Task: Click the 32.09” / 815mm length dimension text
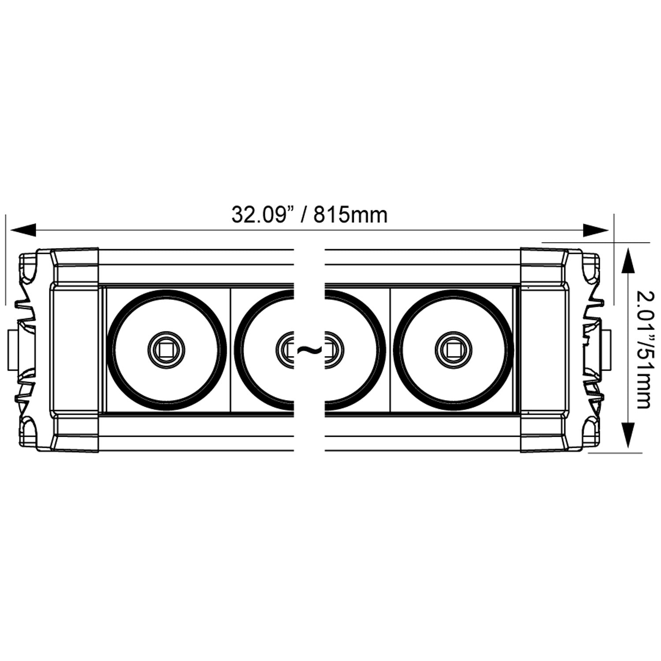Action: coord(309,215)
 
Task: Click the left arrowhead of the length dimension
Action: coord(22,230)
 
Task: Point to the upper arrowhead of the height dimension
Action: coord(628,262)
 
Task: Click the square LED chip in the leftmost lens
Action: coord(166,350)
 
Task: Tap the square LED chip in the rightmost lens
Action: coord(453,350)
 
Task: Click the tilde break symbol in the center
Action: coord(309,350)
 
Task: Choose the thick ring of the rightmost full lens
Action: coord(510,350)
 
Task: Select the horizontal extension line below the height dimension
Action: coord(617,452)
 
